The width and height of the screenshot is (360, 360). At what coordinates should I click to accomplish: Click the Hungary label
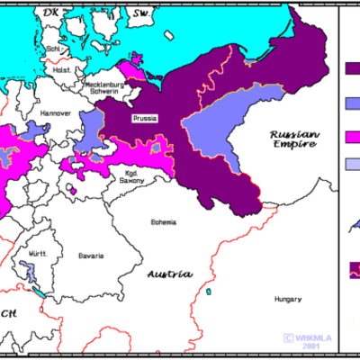coord(288,298)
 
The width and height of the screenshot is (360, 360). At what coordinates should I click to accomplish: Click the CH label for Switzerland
coord(8,314)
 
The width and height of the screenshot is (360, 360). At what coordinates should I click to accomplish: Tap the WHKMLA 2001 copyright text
coord(304,342)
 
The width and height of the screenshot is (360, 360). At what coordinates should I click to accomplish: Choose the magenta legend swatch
coord(352,136)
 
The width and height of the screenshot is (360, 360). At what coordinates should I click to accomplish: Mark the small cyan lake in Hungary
coord(208,292)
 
